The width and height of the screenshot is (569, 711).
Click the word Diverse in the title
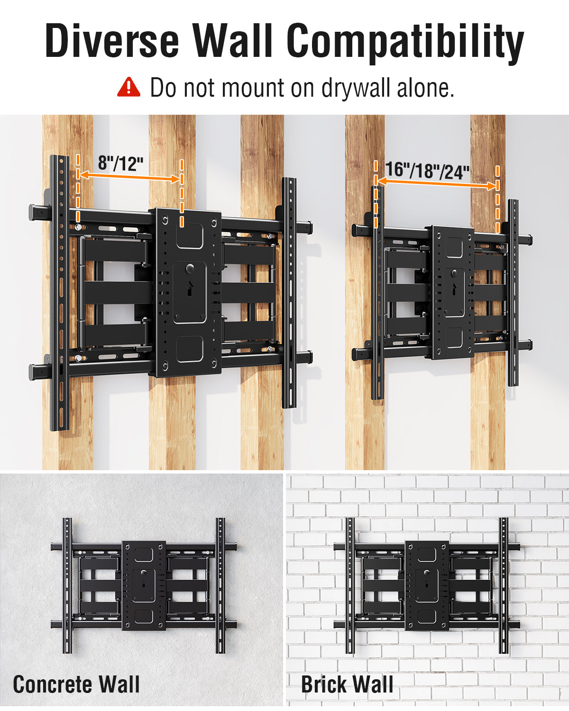click(112, 41)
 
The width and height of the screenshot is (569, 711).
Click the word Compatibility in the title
click(405, 42)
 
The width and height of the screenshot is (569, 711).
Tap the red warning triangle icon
click(128, 88)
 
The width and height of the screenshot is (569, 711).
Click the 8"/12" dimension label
click(120, 164)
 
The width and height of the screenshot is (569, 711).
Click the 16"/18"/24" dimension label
click(427, 170)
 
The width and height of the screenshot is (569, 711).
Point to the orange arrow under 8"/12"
click(129, 177)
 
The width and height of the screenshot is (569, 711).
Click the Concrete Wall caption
click(76, 684)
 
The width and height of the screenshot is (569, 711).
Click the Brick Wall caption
click(347, 684)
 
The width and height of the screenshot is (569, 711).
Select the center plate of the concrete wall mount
click(144, 585)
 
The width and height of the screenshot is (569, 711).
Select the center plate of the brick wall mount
click(427, 585)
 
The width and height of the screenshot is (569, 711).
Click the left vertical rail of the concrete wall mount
click(67, 585)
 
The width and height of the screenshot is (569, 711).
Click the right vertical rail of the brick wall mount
click(504, 585)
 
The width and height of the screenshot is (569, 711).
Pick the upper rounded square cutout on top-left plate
click(190, 236)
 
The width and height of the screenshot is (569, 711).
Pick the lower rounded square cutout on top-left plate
click(190, 349)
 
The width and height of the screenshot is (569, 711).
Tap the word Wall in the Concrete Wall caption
click(119, 684)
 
